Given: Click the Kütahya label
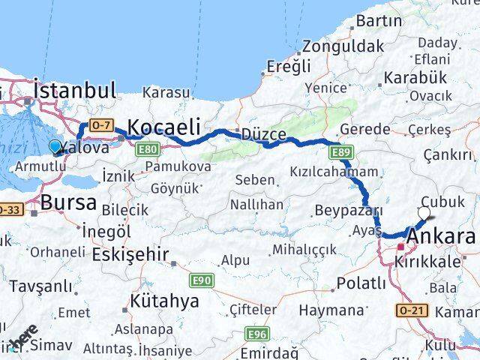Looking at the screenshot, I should [164, 301].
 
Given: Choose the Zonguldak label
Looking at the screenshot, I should [343, 46].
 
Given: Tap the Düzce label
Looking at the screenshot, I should [263, 133].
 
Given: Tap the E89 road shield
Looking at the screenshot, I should [340, 153].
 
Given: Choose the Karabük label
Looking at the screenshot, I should [415, 78].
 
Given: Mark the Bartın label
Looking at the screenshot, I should [379, 21].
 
